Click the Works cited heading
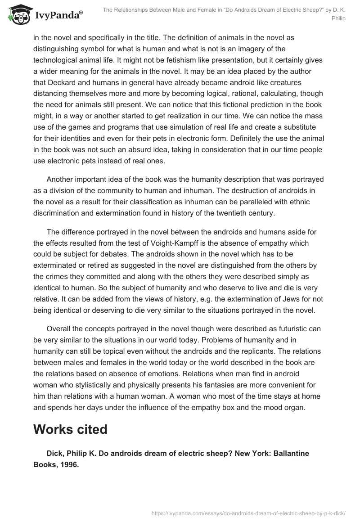[70, 429]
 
